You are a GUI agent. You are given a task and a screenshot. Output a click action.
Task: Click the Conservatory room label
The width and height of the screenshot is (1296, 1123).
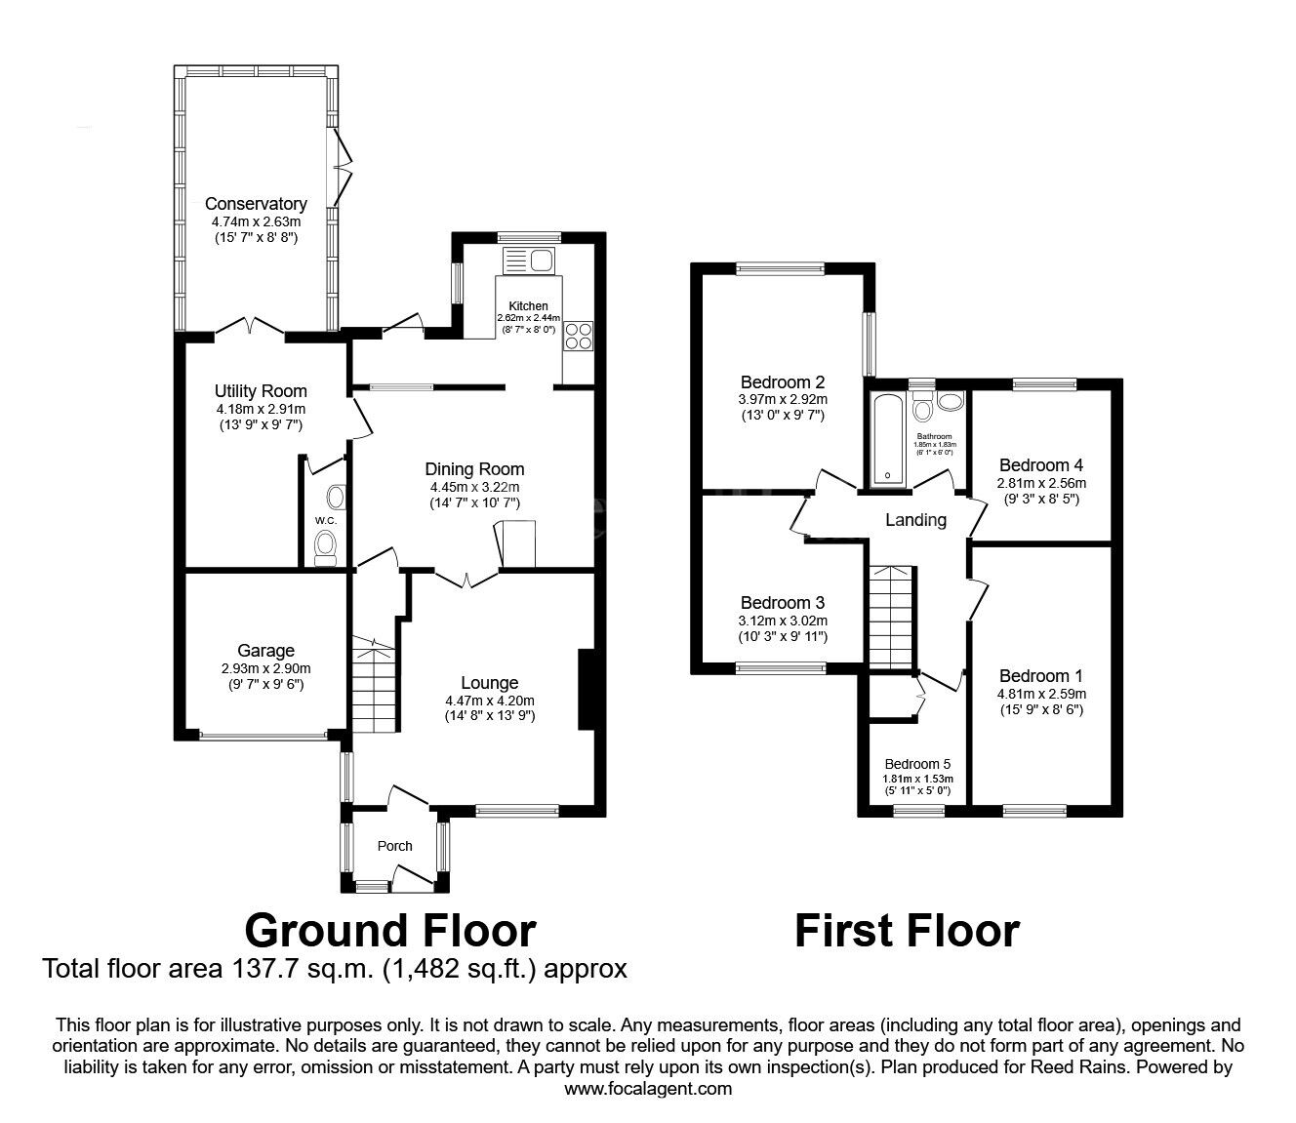click(256, 204)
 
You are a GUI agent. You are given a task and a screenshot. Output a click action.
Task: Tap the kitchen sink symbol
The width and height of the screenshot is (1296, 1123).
click(529, 261)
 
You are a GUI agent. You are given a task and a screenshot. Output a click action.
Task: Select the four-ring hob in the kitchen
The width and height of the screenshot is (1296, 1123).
click(578, 336)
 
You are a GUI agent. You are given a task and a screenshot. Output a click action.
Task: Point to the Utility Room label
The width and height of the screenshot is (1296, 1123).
click(261, 391)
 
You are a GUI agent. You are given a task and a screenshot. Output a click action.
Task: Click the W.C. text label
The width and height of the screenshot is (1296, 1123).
click(326, 520)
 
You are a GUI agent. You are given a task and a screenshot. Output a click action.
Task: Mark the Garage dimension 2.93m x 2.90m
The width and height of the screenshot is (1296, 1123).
click(265, 669)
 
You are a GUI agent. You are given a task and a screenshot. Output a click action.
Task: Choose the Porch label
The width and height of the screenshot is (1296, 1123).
click(395, 846)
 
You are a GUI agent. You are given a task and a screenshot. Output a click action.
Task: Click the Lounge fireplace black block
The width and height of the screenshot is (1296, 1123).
click(586, 689)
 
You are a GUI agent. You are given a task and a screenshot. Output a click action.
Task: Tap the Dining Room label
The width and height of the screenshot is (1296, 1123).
click(474, 469)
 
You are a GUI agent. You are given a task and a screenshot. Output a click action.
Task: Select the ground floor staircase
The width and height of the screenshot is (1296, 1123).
click(375, 684)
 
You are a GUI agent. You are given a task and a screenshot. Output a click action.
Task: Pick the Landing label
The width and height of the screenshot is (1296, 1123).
click(916, 520)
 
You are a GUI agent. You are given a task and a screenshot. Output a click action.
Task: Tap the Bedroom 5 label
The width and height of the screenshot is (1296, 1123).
click(917, 764)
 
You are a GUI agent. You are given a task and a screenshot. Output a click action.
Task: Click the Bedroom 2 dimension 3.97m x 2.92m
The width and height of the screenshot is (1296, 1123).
click(783, 399)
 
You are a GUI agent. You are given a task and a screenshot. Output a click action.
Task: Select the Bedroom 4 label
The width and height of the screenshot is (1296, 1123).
click(1041, 465)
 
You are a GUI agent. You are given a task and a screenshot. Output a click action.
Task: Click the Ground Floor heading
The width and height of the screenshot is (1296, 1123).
click(390, 931)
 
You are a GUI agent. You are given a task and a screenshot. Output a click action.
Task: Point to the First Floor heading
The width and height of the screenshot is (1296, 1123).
click(908, 931)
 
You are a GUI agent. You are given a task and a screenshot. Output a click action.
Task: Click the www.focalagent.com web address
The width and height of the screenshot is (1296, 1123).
click(648, 1089)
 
